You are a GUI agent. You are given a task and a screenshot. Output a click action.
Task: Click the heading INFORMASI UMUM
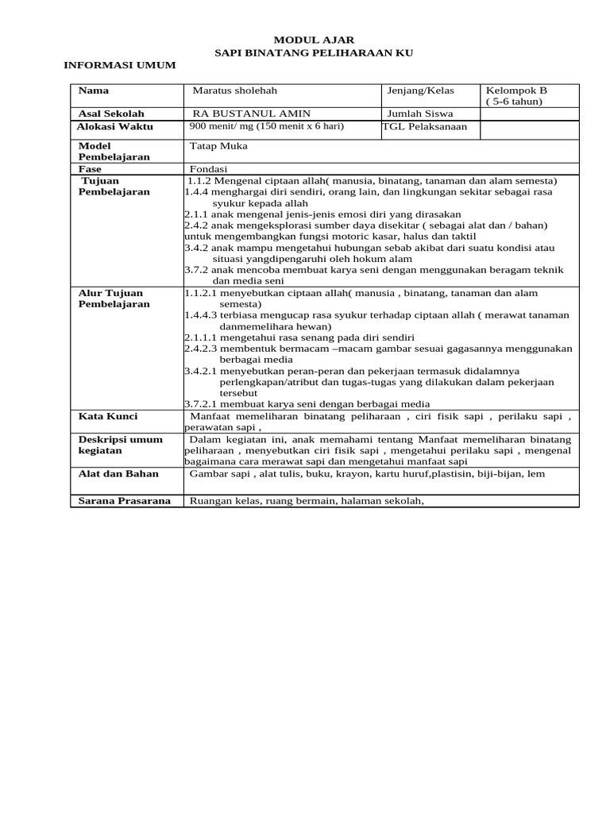[x=119, y=64]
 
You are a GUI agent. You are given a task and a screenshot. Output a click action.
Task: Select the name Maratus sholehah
[x=235, y=91]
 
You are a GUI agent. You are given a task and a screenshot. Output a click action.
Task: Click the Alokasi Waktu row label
[x=115, y=126]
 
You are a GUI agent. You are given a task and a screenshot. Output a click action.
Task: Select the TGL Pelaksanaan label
[x=425, y=126]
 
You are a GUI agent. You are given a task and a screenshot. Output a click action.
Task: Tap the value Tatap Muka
[x=219, y=146]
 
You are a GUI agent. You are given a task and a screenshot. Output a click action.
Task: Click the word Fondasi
[x=209, y=169]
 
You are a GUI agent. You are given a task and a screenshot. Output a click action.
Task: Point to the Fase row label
[x=91, y=169]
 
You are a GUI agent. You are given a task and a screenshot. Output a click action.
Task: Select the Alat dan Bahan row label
[x=118, y=474]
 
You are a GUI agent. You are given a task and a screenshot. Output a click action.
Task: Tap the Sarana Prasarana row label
[x=124, y=500]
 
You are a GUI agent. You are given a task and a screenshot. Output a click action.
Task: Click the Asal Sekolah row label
[x=111, y=114]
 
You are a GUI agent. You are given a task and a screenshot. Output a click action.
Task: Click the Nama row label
[x=94, y=91]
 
